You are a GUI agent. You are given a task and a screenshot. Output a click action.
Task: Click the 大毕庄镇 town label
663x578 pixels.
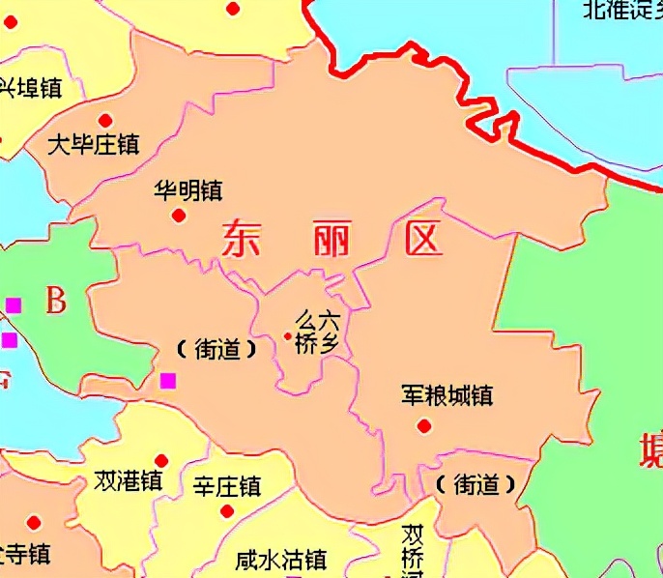tap(94, 145)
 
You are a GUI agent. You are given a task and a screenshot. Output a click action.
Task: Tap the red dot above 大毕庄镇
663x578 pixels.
tap(105, 120)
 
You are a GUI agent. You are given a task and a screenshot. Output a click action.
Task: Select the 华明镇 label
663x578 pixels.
tap(187, 190)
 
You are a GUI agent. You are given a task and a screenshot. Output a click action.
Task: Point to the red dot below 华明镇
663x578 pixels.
tap(178, 215)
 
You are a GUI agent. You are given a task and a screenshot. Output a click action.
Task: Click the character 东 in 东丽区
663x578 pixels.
tap(242, 238)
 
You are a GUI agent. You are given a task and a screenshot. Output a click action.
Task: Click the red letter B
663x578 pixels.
tap(56, 302)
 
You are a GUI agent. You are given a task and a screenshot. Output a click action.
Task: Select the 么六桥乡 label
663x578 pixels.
tap(317, 332)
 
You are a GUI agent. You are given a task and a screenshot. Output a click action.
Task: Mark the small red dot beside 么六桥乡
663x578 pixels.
tap(287, 336)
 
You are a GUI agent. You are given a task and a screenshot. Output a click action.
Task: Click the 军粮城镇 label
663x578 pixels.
tap(447, 396)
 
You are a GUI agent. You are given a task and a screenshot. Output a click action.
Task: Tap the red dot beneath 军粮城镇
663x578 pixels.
tap(423, 425)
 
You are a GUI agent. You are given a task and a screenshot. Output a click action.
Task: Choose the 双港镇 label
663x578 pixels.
tap(128, 481)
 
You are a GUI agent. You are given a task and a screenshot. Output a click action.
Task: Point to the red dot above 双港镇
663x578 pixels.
tap(161, 460)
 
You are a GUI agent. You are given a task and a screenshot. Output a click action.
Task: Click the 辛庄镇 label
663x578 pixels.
tap(226, 485)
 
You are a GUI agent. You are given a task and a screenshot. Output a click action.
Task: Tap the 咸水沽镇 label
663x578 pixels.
tap(281, 560)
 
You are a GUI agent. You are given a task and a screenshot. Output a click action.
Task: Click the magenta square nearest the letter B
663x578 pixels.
tap(14, 305)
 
